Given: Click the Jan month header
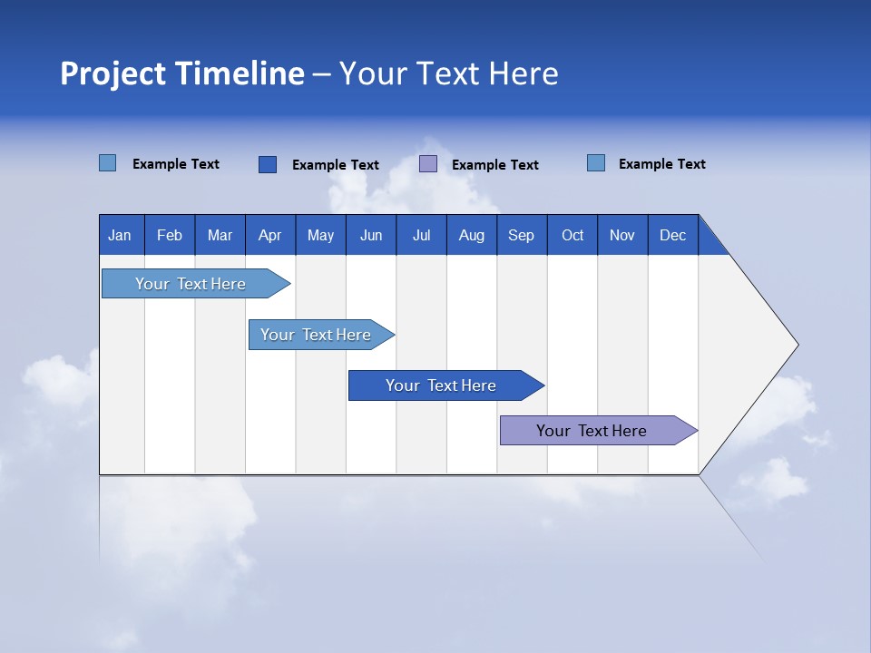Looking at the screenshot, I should (120, 235).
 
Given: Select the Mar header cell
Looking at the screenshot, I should (220, 235).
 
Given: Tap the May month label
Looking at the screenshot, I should (320, 235).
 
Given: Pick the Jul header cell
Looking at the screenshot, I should (421, 235).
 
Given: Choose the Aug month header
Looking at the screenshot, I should (471, 235).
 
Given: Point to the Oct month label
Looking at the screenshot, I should (573, 235).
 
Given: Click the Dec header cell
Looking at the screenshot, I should (672, 235).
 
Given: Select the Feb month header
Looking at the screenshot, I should (170, 235).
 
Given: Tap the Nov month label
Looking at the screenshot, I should (622, 235).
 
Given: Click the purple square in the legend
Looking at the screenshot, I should (428, 164).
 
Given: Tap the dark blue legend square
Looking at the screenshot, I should (268, 164).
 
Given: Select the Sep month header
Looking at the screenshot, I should (521, 235).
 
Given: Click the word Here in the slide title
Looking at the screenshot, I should (524, 73).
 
